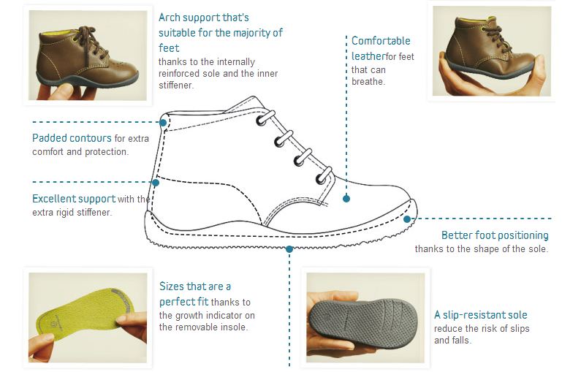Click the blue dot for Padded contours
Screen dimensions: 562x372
[163, 123]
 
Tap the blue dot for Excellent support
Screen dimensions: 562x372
[156, 183]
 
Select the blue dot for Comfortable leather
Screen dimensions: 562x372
[346, 198]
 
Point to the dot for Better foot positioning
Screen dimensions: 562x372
[407, 219]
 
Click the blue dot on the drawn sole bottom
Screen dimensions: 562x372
[289, 248]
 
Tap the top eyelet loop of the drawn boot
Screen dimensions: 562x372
[265, 118]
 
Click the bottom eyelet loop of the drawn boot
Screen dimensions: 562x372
[324, 175]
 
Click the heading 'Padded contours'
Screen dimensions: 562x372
[72, 138]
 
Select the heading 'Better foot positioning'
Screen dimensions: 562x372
[495, 235]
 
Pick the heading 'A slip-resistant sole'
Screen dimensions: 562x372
[481, 315]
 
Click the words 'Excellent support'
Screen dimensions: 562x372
[74, 199]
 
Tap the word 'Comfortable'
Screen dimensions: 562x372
[381, 41]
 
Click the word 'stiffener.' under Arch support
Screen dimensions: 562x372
[176, 86]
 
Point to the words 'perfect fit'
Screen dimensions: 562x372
[184, 302]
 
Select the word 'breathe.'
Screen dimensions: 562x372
[368, 82]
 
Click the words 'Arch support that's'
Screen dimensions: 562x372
[204, 18]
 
